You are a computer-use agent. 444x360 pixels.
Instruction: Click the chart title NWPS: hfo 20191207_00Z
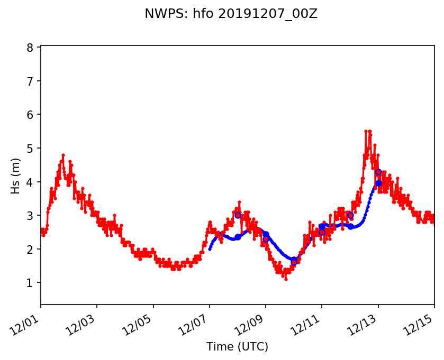point(231,14)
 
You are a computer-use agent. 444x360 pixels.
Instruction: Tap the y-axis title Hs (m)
point(16,168)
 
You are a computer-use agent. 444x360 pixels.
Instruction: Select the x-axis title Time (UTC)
point(237,347)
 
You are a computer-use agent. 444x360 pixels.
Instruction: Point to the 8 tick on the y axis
point(30,48)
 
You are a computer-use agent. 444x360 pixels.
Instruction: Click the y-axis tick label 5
point(30,149)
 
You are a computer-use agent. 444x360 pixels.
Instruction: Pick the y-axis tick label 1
point(30,283)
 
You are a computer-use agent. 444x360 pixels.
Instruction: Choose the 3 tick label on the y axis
point(30,216)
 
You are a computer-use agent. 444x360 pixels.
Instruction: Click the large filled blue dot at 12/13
point(378,183)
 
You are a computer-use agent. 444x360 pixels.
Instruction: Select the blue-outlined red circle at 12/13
point(378,172)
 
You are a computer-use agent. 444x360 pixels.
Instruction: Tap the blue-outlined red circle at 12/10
point(294,262)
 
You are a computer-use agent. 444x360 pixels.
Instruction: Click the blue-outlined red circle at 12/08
point(238,215)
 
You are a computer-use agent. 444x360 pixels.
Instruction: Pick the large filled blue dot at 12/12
point(350,226)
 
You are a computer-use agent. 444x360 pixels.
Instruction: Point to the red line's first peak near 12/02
point(63,155)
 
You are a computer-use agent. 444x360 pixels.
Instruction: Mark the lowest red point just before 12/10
point(286,279)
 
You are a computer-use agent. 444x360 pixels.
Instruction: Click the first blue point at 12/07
point(210,248)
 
